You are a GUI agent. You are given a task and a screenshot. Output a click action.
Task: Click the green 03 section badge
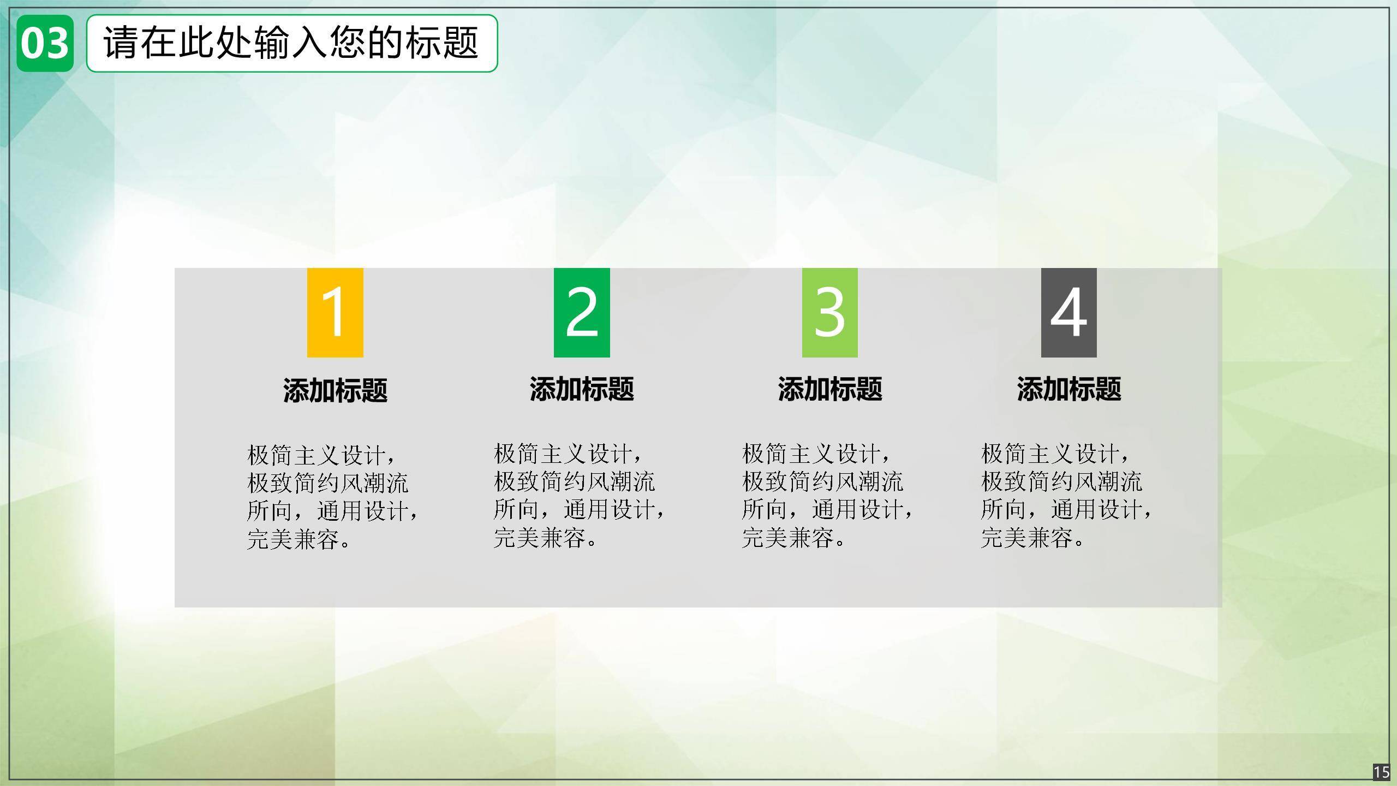pos(45,44)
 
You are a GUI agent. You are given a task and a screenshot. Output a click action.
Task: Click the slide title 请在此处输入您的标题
pos(291,43)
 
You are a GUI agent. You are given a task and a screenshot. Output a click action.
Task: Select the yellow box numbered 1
pos(335,313)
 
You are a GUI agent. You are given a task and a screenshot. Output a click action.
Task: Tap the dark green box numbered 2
pos(582,313)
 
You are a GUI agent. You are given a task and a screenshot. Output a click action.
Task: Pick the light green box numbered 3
pos(829,313)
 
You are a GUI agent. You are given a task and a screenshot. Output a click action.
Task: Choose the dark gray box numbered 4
pos(1068,313)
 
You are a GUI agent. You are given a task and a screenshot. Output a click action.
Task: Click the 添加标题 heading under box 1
pos(335,391)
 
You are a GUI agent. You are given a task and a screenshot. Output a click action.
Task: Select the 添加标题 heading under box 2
pos(582,390)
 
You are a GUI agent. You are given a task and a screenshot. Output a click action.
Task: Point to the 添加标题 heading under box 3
pos(829,390)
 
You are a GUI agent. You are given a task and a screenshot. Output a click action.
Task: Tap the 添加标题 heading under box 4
pos(1068,390)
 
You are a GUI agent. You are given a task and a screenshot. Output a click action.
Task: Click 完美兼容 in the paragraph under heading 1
pos(294,539)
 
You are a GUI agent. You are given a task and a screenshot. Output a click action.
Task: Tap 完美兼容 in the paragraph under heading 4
pos(1027,538)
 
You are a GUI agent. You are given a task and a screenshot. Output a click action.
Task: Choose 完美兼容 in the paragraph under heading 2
pos(540,538)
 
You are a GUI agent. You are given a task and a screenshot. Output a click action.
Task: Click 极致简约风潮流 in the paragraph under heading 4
pos(1061,482)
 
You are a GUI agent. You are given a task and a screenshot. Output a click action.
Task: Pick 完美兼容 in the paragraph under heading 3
pos(788,538)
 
